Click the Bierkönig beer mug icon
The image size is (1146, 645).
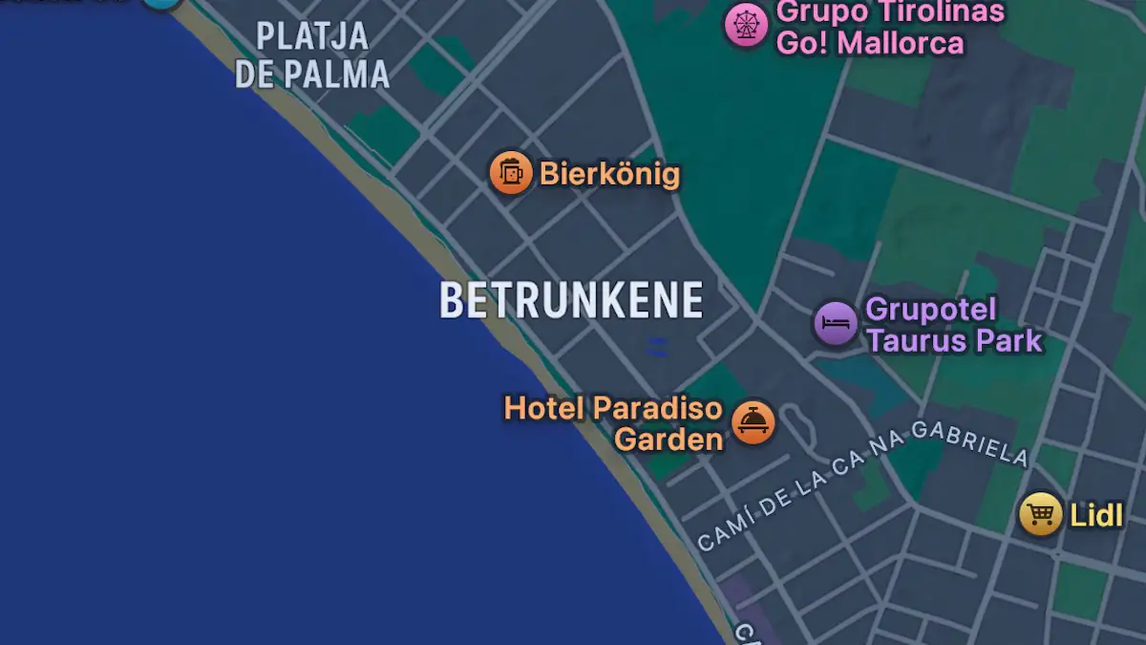pyautogui.click(x=511, y=173)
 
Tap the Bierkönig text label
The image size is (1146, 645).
pyautogui.click(x=609, y=174)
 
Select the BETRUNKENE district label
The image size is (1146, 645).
pyautogui.click(x=571, y=300)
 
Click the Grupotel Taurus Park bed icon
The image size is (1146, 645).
pyautogui.click(x=836, y=323)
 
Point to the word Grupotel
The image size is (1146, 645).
pyautogui.click(x=917, y=310)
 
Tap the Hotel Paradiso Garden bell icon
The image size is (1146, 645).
pyautogui.click(x=753, y=421)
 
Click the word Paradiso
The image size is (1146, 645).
pyautogui.click(x=657, y=408)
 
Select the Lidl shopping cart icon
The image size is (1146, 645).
pyautogui.click(x=1040, y=515)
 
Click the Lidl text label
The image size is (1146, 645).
pyautogui.click(x=1095, y=516)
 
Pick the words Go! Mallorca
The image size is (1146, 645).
pyautogui.click(x=870, y=43)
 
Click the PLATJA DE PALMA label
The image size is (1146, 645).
pyautogui.click(x=312, y=55)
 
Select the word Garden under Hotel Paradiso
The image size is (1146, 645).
pyautogui.click(x=668, y=440)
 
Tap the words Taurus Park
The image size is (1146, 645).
pyautogui.click(x=954, y=340)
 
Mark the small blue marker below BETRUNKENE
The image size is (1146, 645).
pyautogui.click(x=657, y=348)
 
